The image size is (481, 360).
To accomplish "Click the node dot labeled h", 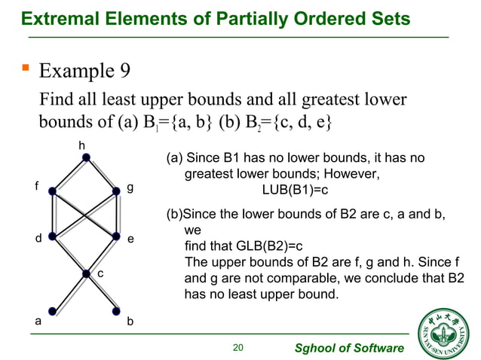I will (87, 157).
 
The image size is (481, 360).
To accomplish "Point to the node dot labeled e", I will (117, 236).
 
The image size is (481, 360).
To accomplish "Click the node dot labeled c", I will (87, 273).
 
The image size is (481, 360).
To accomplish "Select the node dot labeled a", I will (53, 310).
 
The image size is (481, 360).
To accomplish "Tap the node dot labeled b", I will (117, 310).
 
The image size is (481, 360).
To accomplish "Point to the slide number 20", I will (239, 347).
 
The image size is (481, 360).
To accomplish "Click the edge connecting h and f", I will (70, 175).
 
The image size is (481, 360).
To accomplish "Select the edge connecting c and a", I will (70, 291).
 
